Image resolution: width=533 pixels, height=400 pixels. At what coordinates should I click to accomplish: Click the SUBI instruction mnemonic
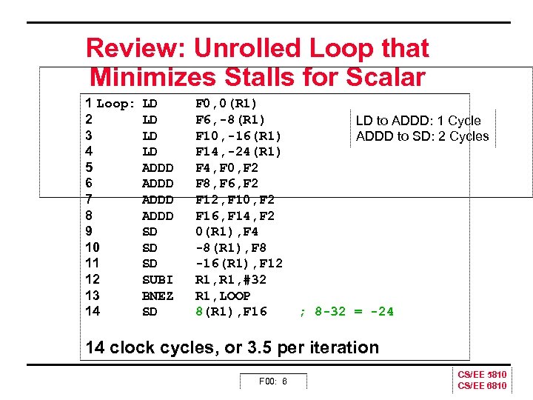(x=158, y=280)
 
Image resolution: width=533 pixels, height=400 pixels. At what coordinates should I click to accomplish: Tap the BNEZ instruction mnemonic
(x=158, y=296)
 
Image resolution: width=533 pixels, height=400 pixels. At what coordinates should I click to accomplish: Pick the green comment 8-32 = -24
(x=351, y=312)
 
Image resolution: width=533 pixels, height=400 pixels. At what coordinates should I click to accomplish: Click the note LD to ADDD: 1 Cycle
(x=418, y=121)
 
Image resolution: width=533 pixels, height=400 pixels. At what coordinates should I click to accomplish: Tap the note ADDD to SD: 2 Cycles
(x=422, y=136)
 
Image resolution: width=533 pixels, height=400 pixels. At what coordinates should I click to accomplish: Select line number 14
(x=93, y=312)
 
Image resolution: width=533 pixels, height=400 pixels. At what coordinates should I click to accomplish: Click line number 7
(x=89, y=199)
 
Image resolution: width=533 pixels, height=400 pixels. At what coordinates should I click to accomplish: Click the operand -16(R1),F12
(x=238, y=264)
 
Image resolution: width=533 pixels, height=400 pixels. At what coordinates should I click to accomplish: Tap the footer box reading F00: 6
(x=272, y=381)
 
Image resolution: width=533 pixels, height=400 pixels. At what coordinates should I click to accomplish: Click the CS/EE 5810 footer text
(x=483, y=375)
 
